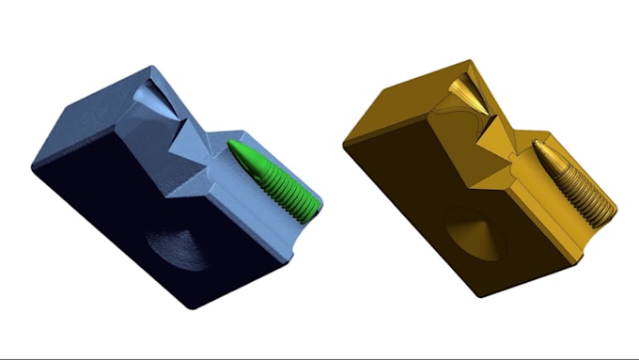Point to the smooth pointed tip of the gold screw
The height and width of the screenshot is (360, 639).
(541, 148)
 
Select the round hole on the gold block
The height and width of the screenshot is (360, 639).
(475, 235)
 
